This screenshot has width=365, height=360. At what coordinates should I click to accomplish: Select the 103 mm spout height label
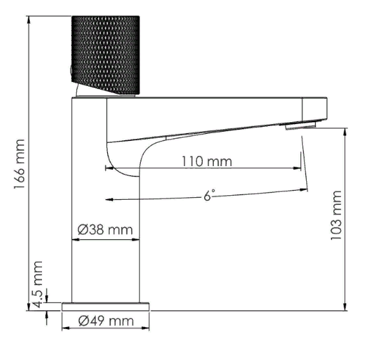pyautogui.click(x=335, y=217)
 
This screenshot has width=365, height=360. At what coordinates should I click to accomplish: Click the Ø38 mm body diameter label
pyautogui.click(x=106, y=229)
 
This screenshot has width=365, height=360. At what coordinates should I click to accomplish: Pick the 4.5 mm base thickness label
pyautogui.click(x=38, y=284)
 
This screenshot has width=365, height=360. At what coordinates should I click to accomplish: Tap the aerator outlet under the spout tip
pyautogui.click(x=301, y=126)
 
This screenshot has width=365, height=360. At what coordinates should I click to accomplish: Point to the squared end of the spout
pyautogui.click(x=320, y=107)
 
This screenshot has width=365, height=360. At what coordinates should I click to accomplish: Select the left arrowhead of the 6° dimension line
pyautogui.click(x=109, y=198)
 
